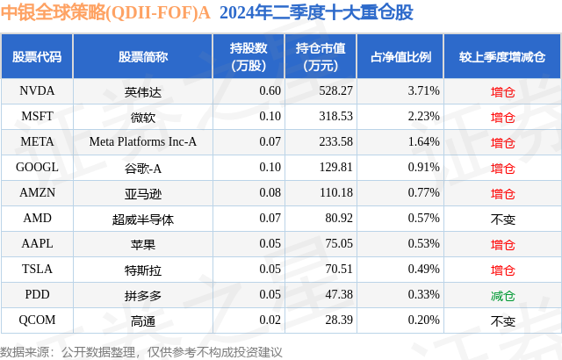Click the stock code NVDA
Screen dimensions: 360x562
coord(36,90)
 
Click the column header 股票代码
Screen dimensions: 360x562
coord(37,57)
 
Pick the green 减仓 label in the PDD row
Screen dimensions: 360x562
coord(502,296)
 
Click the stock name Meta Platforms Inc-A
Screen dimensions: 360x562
coord(143,141)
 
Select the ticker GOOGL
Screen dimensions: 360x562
coord(37,167)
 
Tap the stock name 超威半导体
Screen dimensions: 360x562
coord(143,219)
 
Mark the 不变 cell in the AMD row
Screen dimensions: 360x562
coord(502,219)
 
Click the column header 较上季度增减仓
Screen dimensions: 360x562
coord(502,57)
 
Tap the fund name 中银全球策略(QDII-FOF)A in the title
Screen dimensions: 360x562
coord(105,13)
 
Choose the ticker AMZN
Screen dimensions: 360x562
coord(37,193)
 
